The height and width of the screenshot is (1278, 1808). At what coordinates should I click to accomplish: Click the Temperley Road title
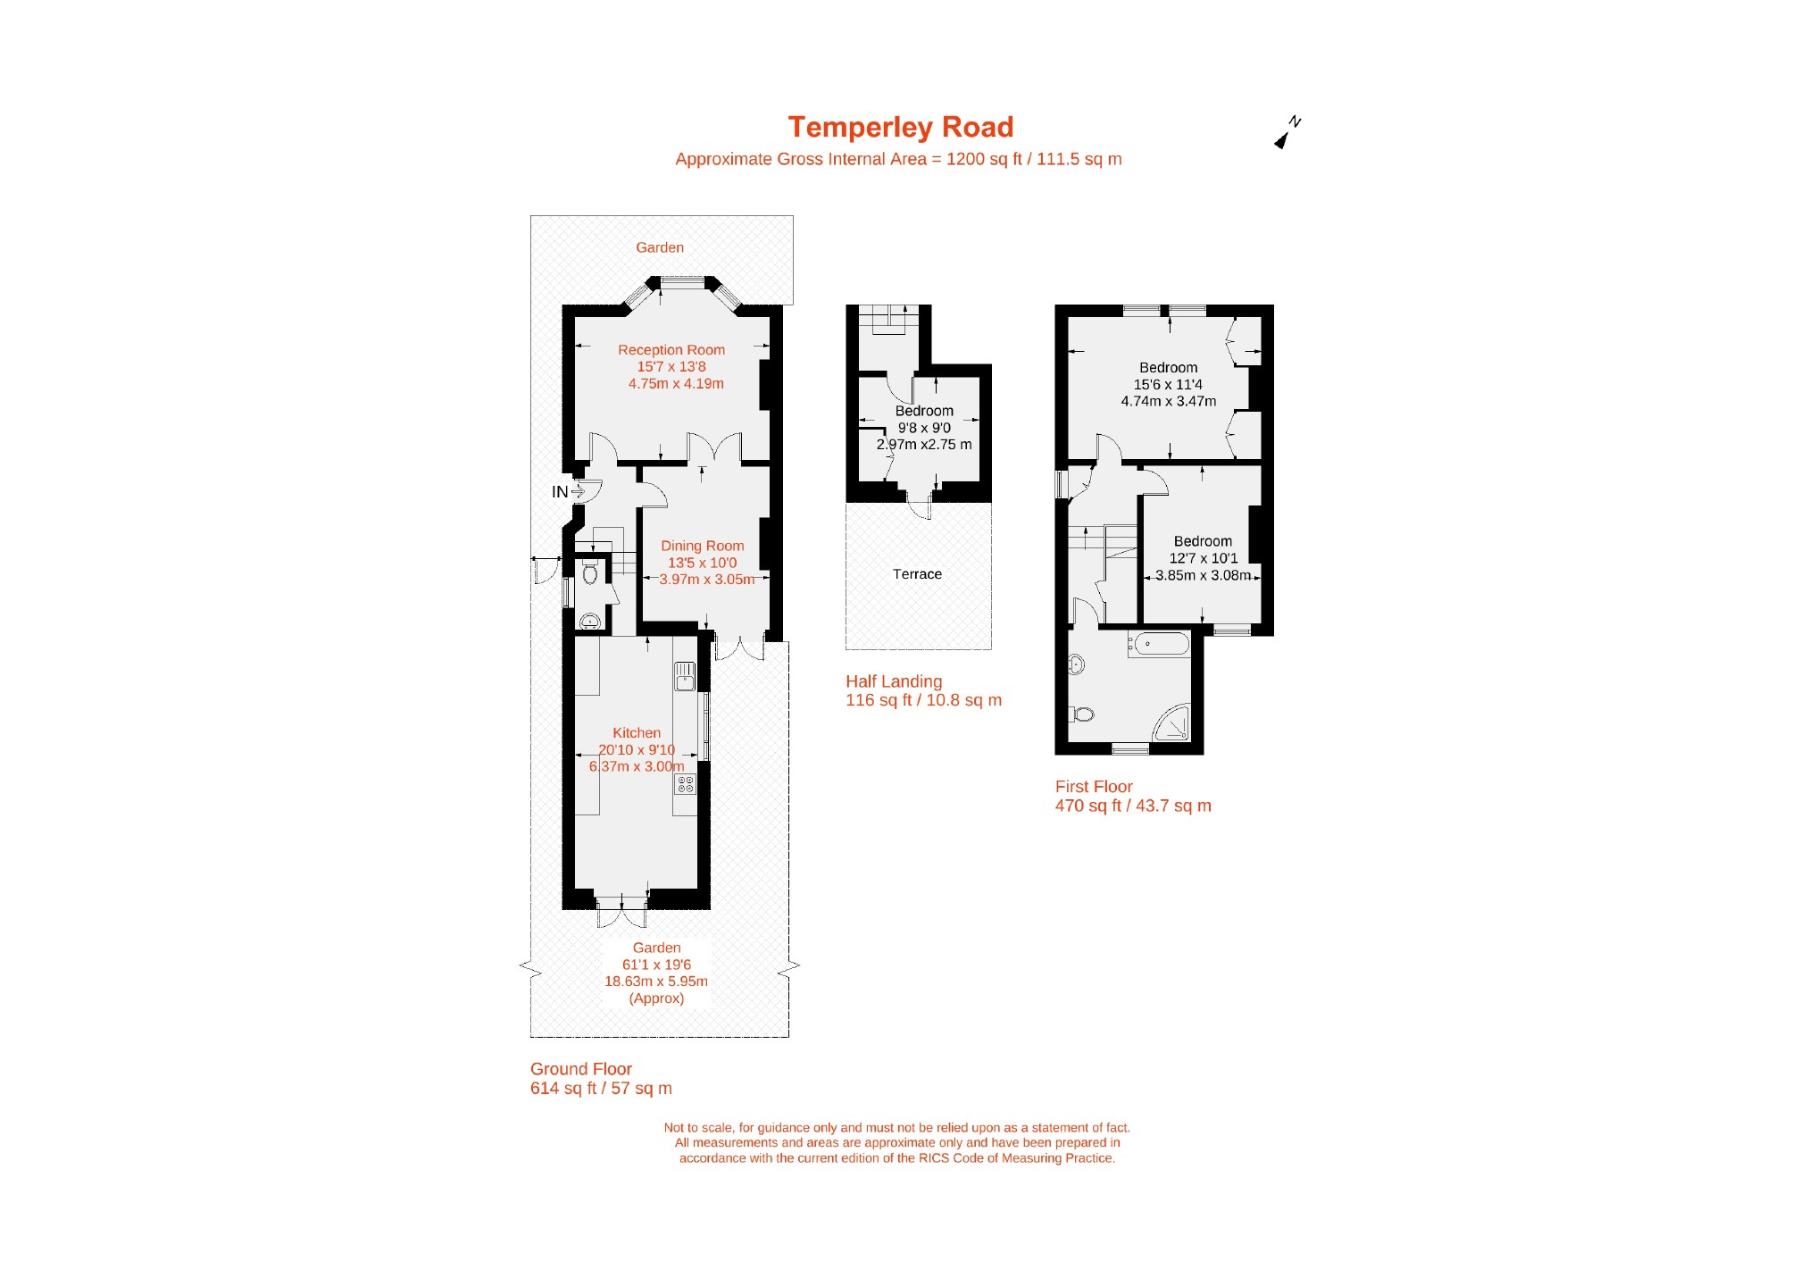[900, 128]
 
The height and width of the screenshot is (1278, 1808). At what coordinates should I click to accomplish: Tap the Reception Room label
[671, 350]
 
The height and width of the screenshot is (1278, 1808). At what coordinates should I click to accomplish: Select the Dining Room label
[702, 546]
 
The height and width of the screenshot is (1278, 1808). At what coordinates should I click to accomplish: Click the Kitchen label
[637, 733]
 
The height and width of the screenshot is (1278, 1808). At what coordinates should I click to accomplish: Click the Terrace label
[917, 574]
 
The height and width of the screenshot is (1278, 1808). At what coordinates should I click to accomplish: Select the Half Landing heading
[894, 681]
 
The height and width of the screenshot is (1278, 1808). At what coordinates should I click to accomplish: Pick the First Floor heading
[1094, 787]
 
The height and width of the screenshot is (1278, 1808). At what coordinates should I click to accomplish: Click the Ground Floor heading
[581, 1069]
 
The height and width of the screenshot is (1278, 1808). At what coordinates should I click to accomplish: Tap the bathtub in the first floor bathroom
[1159, 644]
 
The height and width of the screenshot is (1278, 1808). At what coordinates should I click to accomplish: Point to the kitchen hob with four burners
[685, 784]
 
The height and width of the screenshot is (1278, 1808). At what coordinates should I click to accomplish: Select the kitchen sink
[685, 676]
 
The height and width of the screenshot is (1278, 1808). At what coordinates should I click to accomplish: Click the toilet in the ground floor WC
[589, 572]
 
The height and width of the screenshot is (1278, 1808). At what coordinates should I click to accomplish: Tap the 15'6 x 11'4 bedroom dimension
[1168, 385]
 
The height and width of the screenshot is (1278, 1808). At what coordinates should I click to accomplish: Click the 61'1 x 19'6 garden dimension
[656, 965]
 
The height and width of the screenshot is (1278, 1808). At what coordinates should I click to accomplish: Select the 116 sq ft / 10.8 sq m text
[923, 700]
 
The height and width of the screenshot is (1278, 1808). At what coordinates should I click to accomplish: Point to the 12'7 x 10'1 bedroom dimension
[1204, 558]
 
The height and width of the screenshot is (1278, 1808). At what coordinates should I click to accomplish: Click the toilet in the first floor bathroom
[1081, 714]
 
